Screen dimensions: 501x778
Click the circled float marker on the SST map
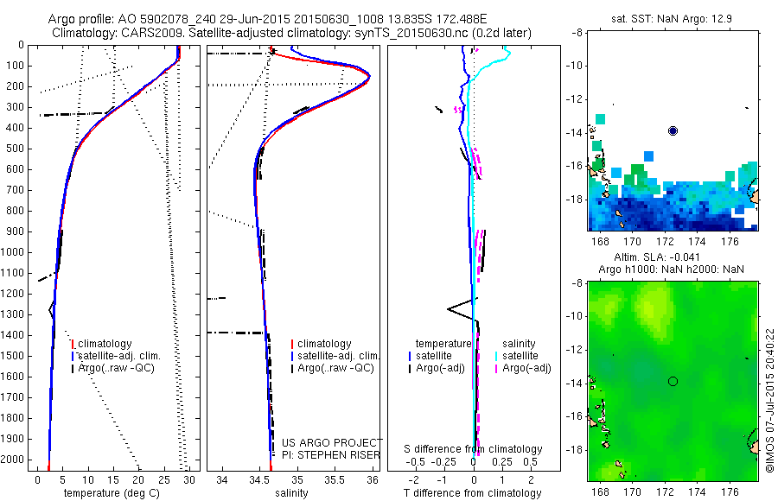tap(673, 130)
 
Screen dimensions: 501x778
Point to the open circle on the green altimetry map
tap(673, 381)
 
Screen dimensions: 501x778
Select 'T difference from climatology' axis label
tap(474, 493)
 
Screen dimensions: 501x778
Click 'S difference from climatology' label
tap(474, 449)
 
